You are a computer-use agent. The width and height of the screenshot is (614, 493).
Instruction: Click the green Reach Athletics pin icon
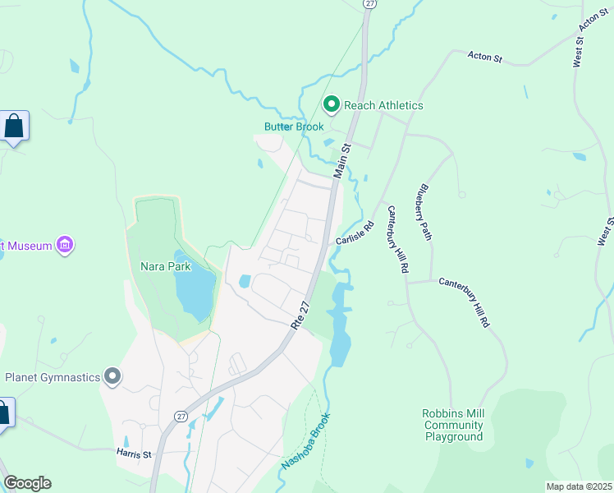point(331,104)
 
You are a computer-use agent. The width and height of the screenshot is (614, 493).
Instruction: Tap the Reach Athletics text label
point(383,105)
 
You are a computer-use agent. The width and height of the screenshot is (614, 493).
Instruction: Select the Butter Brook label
point(294,127)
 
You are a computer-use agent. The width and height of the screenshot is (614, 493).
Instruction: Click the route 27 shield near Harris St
point(180,417)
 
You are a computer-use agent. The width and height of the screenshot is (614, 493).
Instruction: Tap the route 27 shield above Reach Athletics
point(369,4)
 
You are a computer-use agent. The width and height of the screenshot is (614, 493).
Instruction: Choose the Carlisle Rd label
point(355,233)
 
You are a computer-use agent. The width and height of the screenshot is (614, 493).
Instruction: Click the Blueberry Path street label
point(424,211)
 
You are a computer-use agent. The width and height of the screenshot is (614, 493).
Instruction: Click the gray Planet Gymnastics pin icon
point(113,377)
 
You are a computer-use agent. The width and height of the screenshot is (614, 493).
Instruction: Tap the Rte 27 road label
point(301,316)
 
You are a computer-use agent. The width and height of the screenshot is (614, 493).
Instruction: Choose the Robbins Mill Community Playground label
point(453,425)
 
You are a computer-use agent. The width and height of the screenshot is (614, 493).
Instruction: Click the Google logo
point(27,483)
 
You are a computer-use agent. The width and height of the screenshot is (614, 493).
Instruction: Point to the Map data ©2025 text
point(579,486)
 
